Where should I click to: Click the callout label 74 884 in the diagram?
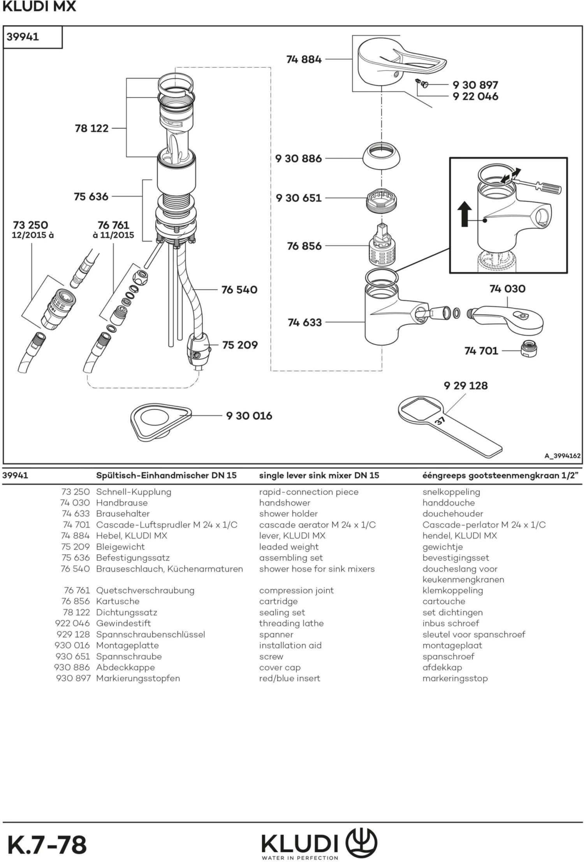(304, 60)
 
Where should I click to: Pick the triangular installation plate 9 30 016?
(160, 421)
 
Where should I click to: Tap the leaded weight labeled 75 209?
(199, 350)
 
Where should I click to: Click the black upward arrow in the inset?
(464, 214)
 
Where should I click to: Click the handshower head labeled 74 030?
(506, 319)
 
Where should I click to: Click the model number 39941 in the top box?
(23, 37)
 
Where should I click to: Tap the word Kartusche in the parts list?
(118, 601)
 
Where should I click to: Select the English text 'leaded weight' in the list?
(288, 547)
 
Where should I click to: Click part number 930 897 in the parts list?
(73, 678)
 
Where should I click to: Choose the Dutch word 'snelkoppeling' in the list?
(451, 492)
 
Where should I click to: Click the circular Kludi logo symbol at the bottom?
(361, 843)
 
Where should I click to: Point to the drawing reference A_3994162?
(562, 456)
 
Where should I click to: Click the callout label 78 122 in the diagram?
(91, 128)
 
